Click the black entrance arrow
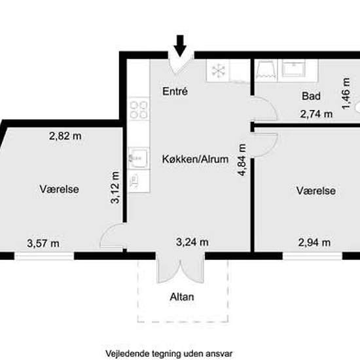click(x=180, y=46)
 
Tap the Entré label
click(x=175, y=92)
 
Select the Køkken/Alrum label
click(x=196, y=159)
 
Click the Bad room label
click(x=311, y=96)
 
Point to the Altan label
click(x=182, y=297)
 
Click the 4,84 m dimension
click(x=242, y=160)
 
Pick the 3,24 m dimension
click(x=192, y=242)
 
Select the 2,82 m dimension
click(x=65, y=136)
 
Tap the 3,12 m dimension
click(x=115, y=187)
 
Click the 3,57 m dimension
click(x=43, y=243)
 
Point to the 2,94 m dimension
click(x=314, y=242)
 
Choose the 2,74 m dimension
click(x=316, y=114)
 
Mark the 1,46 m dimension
click(x=346, y=94)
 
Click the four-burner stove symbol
click(x=139, y=110)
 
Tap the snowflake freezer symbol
click(x=218, y=70)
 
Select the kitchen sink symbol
click(x=138, y=158)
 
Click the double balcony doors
click(x=181, y=268)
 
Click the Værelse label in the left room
click(x=59, y=189)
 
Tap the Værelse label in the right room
click(x=316, y=190)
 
